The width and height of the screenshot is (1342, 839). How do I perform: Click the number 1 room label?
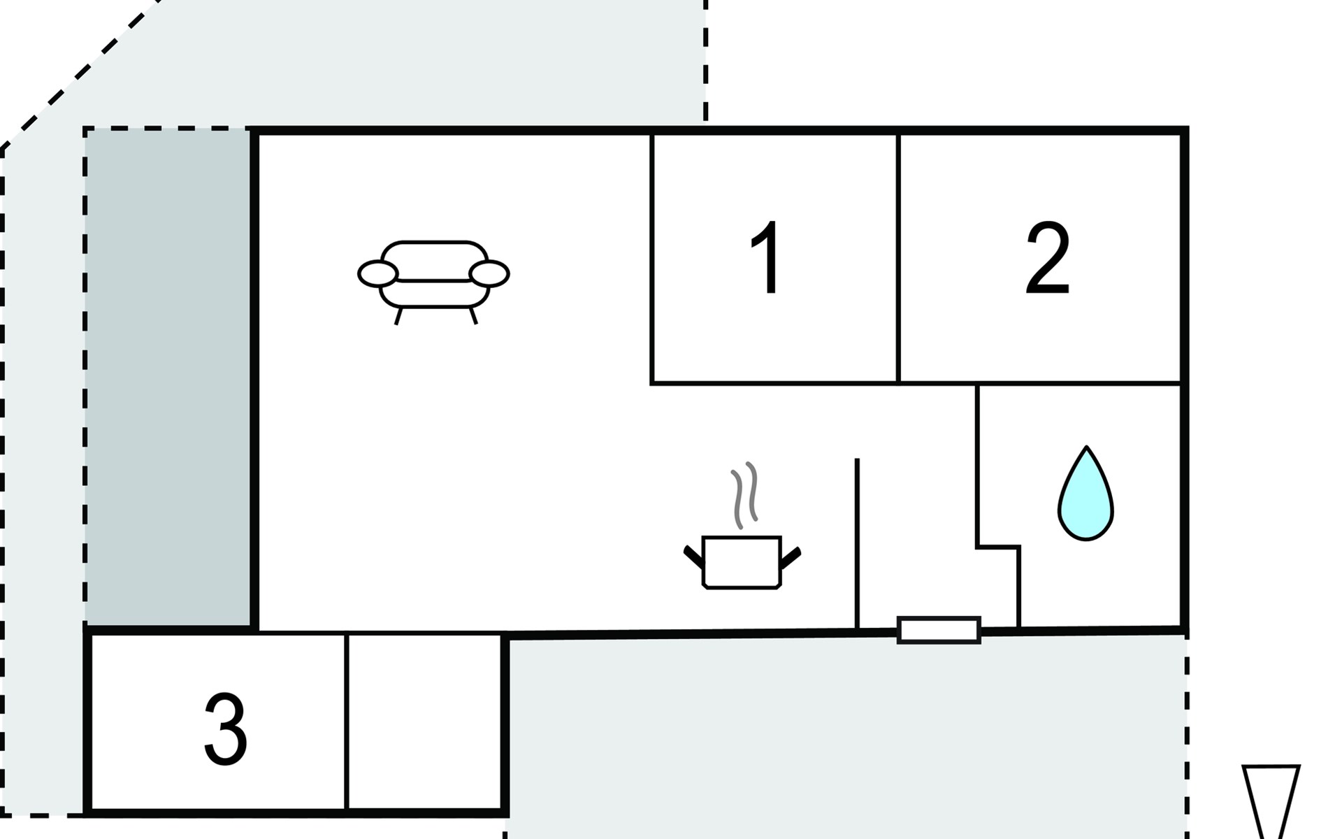pos(767,258)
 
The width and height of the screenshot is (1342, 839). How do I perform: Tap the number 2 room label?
pos(1047,258)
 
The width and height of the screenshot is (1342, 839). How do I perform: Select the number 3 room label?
pos(225,730)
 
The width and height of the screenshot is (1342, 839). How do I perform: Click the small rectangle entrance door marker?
pos(939,630)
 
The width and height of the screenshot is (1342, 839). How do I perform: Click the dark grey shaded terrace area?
pos(168,378)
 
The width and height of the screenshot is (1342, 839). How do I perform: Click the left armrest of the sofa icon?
pos(377,274)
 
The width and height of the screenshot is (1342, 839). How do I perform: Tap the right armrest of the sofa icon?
pos(489,274)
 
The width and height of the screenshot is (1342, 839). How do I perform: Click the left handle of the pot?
pos(693,557)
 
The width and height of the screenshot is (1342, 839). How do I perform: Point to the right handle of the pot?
pos(791,557)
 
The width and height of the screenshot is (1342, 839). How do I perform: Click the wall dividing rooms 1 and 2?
pos(898,259)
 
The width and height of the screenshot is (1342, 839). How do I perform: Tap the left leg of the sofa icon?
pos(398,316)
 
